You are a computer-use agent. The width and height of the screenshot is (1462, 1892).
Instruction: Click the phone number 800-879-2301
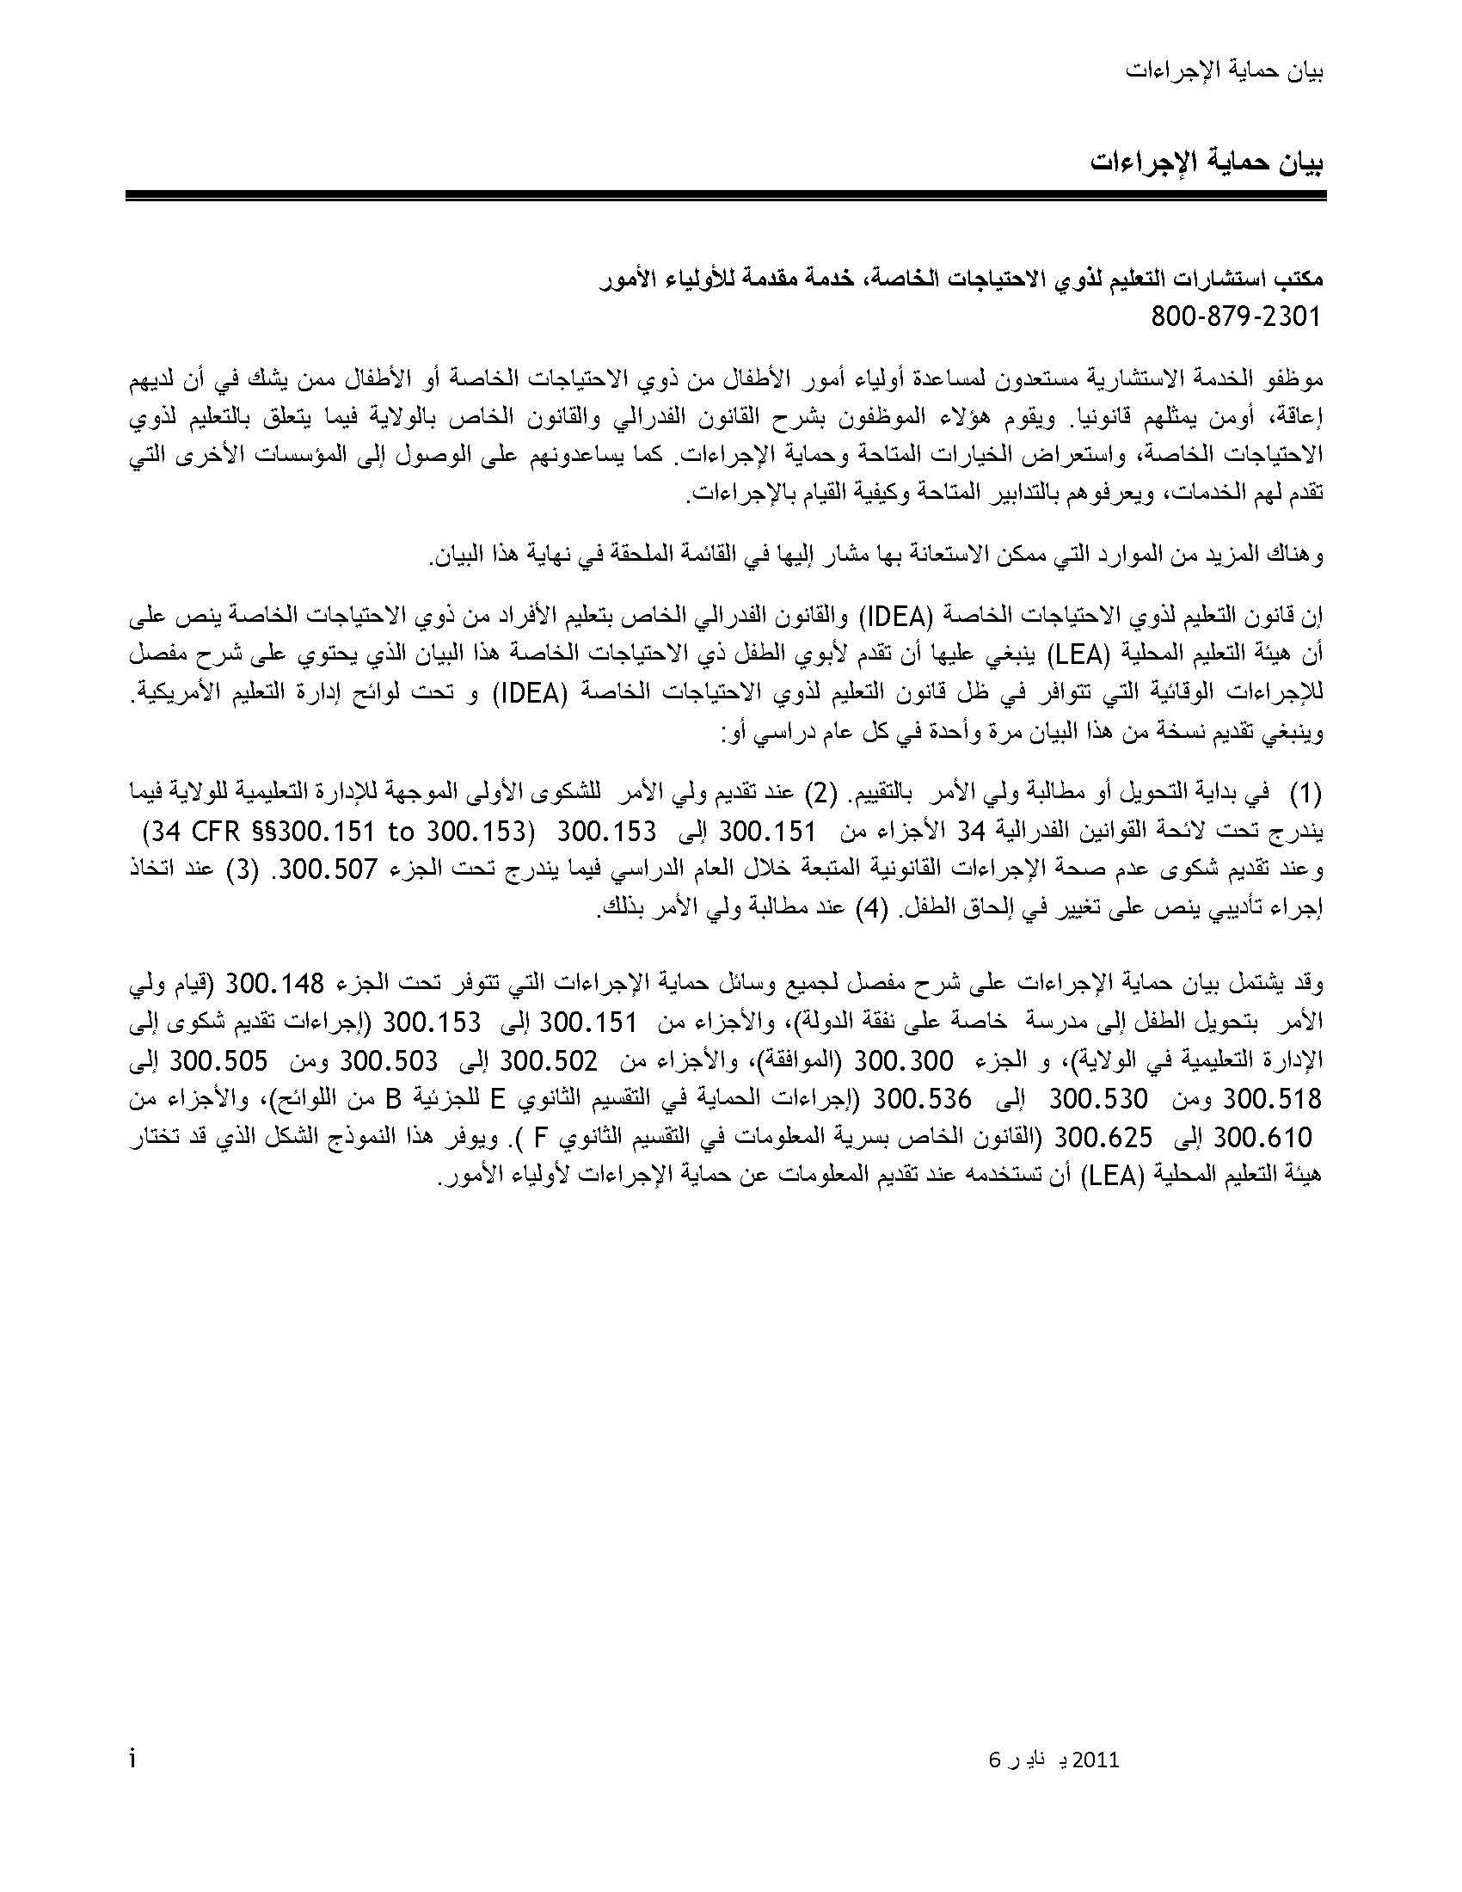pyautogui.click(x=1236, y=317)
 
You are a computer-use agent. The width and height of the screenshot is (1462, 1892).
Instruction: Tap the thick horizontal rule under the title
pyautogui.click(x=726, y=197)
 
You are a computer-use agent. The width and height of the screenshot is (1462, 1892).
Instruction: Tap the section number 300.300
pyautogui.click(x=904, y=1061)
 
